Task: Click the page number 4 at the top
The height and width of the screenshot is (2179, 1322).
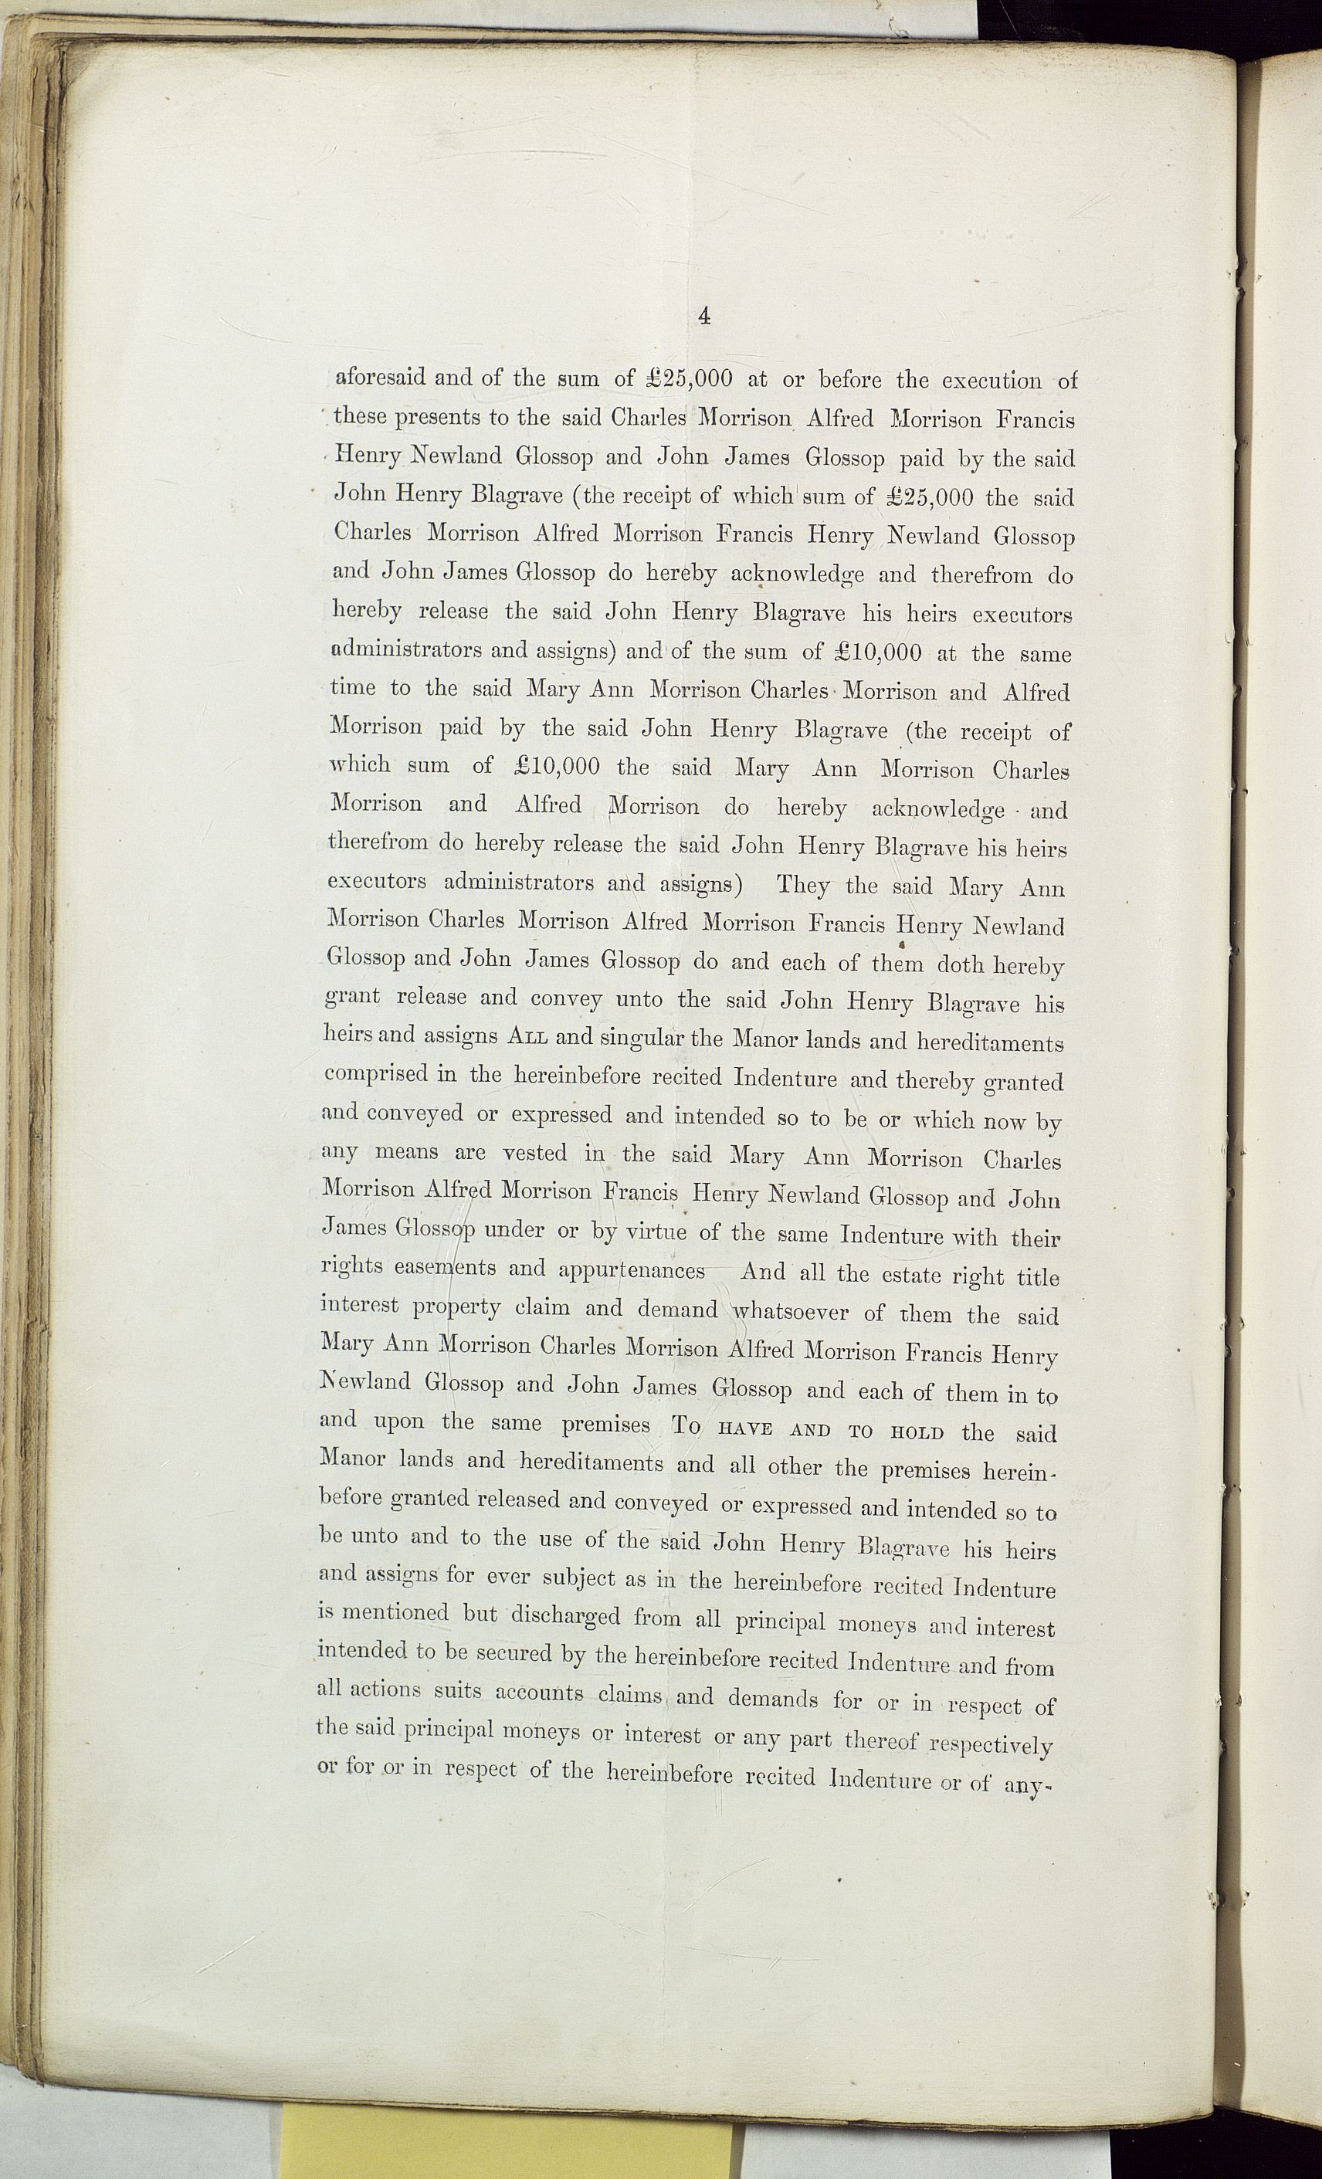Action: tap(704, 316)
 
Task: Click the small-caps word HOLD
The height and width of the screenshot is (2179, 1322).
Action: tap(913, 1432)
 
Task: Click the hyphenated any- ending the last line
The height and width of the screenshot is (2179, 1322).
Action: tap(1025, 1784)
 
